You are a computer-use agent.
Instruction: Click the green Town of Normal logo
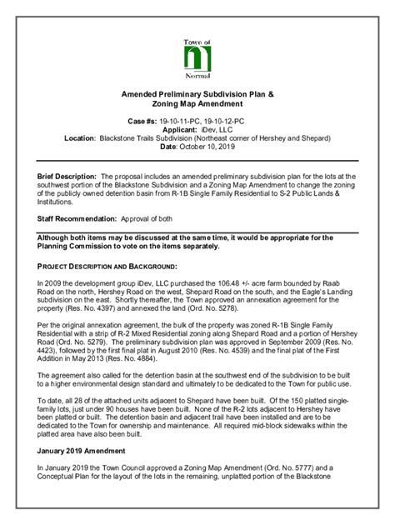197,59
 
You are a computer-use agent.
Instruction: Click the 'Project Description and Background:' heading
106,266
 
